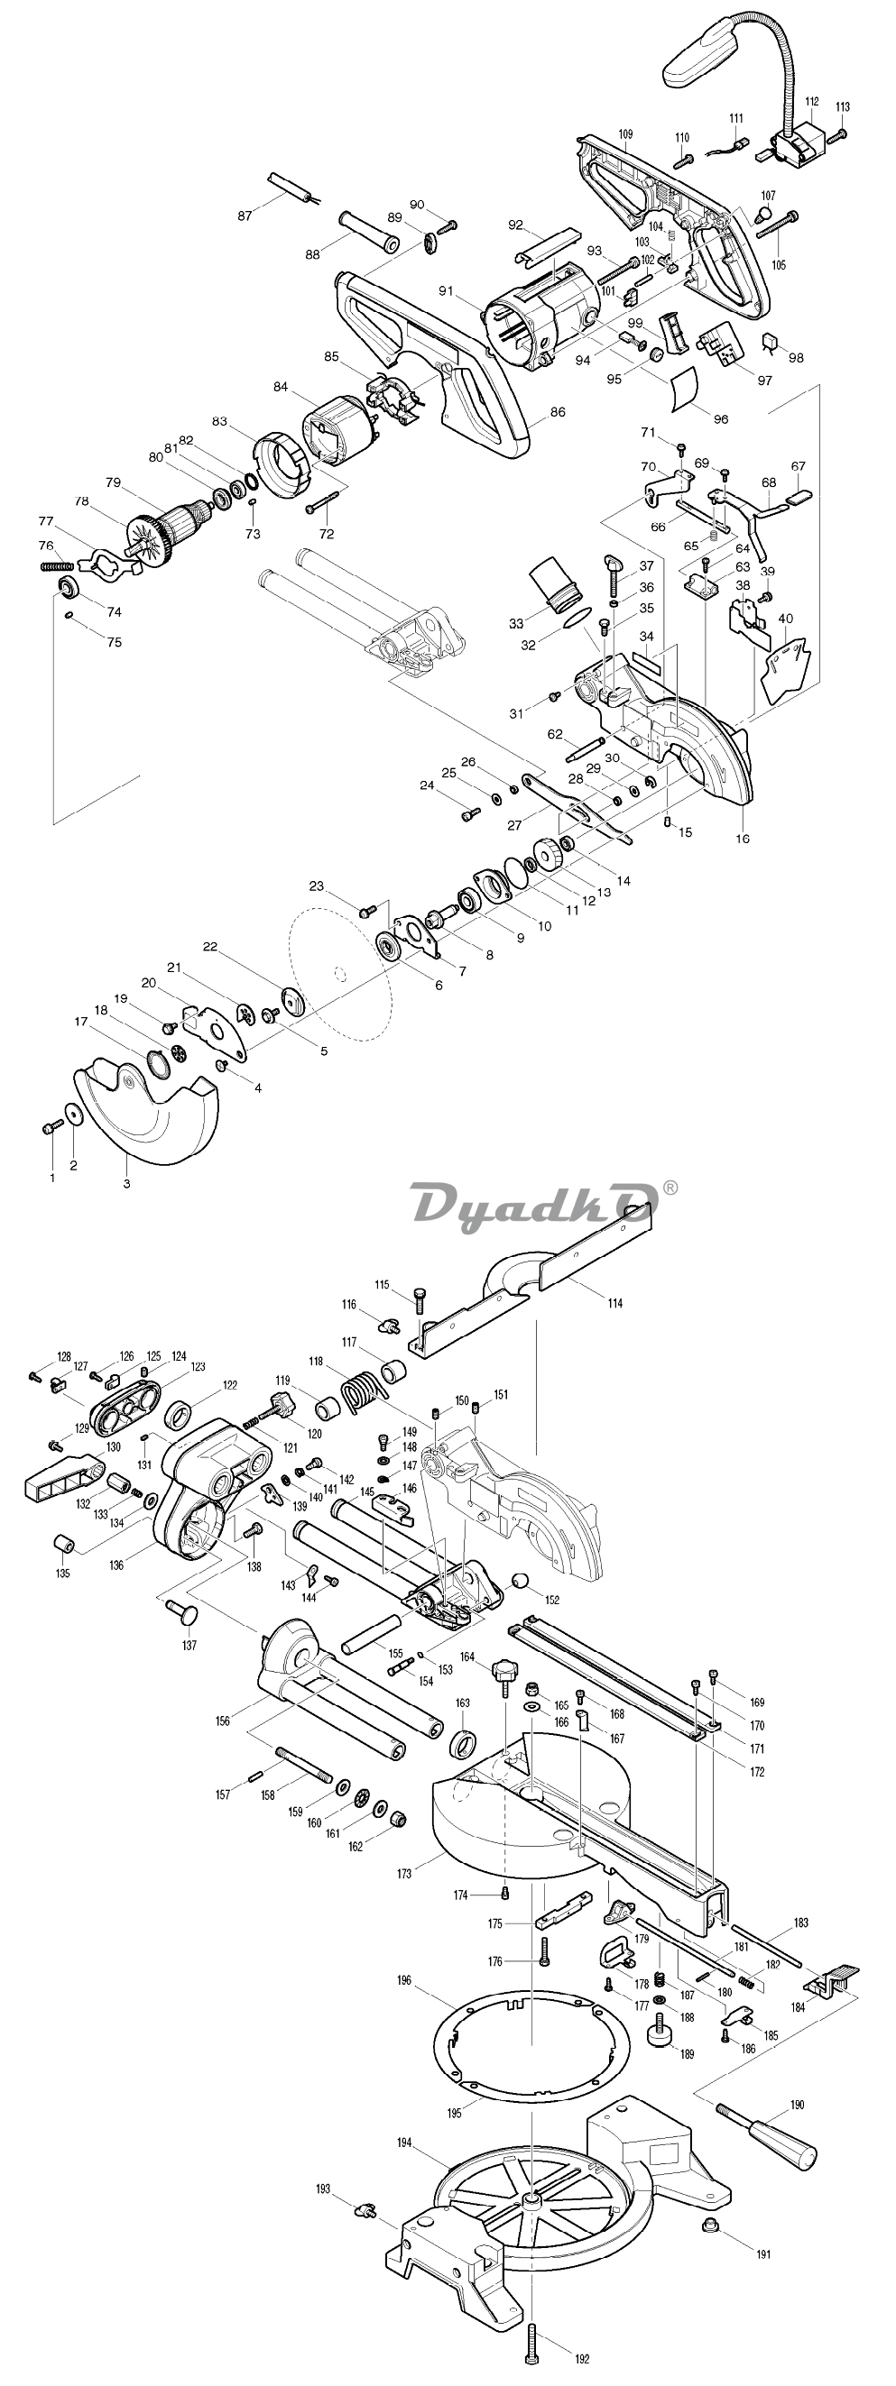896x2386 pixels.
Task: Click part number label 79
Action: pos(114,482)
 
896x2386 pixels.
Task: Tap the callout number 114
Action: pos(615,1302)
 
